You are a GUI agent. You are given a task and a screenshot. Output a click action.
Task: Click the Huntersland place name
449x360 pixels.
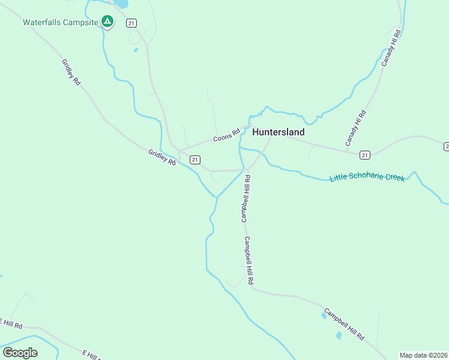point(278,132)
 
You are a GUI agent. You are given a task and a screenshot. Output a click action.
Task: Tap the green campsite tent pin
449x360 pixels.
point(107,22)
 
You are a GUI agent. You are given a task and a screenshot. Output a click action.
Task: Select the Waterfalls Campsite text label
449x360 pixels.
point(60,23)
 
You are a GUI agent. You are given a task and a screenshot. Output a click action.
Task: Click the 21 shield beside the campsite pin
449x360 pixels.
point(131,23)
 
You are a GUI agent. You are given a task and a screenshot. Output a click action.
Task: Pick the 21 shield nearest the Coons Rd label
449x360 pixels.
point(194,160)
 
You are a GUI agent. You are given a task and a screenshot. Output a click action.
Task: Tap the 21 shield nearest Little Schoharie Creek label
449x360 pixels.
point(364,155)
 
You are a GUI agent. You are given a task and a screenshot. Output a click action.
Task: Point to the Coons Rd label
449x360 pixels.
point(226,134)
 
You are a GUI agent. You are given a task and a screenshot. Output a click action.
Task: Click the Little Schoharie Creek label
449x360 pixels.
point(367,178)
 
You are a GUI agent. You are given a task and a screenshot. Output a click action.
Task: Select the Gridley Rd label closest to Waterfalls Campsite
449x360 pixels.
point(70,71)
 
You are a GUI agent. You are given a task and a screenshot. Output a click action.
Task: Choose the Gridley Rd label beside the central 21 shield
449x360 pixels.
point(162,158)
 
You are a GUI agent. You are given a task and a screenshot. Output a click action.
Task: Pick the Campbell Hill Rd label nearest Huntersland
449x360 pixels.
point(246,199)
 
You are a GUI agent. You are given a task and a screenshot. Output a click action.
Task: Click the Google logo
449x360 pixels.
point(20,352)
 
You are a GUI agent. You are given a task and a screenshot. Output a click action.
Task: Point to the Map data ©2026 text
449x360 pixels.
point(423,355)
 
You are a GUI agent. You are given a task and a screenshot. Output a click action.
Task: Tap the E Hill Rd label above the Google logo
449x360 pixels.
point(11,324)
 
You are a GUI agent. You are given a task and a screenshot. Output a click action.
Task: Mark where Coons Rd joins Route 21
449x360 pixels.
point(179,150)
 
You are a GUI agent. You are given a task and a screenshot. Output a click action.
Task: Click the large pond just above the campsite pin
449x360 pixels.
point(121,4)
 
